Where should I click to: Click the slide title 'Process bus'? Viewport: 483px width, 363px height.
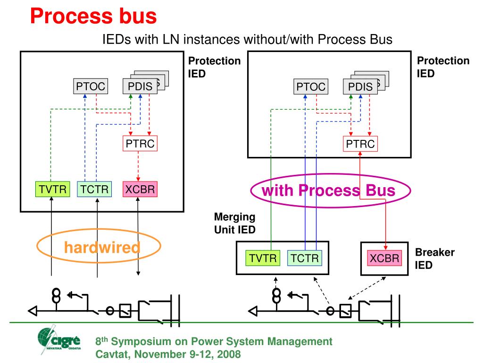[93, 16]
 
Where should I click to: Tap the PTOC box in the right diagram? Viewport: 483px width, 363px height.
[311, 86]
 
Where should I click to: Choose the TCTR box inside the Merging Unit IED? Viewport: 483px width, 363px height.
[304, 258]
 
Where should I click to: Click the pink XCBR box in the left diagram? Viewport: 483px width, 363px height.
[140, 190]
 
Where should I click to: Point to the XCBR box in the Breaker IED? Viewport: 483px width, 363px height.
[384, 258]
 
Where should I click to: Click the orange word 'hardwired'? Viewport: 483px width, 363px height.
[102, 247]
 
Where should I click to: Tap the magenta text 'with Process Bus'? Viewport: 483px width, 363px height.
[328, 190]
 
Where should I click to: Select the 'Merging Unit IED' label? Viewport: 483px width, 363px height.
[235, 223]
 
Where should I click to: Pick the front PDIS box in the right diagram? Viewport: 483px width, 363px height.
[360, 86]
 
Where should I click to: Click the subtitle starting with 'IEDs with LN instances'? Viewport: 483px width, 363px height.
[247, 39]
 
